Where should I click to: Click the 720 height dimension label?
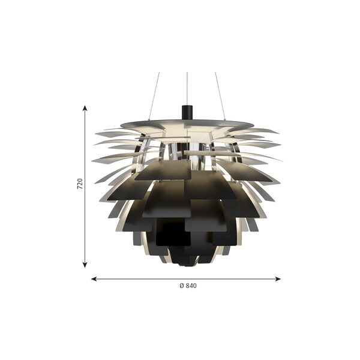(x=79, y=184)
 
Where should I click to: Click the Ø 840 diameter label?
(x=188, y=286)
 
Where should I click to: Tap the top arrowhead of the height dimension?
(x=85, y=108)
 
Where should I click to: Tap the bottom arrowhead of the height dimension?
(x=85, y=265)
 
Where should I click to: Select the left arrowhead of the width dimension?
(x=94, y=279)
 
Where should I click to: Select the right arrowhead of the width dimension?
(x=278, y=279)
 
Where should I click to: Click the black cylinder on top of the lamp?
(x=187, y=113)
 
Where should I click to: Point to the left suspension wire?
(x=154, y=96)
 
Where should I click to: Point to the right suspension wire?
(x=220, y=96)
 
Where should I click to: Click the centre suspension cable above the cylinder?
(x=187, y=89)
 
